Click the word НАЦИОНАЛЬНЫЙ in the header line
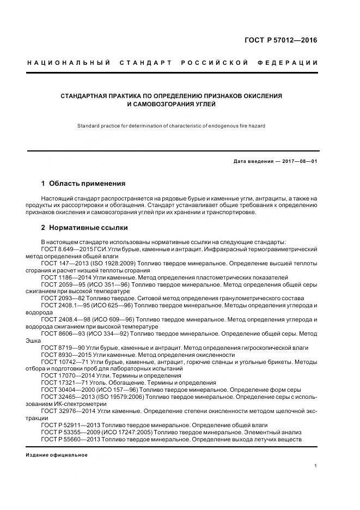pyautogui.click(x=69, y=63)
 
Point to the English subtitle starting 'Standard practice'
pyautogui.click(x=172, y=126)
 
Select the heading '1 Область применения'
pyautogui.click(x=83, y=183)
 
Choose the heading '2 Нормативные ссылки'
pyautogui.click(x=84, y=227)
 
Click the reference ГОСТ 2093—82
pyautogui.click(x=62, y=298)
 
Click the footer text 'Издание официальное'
pyautogui.click(x=57, y=455)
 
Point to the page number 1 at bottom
pyautogui.click(x=316, y=466)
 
